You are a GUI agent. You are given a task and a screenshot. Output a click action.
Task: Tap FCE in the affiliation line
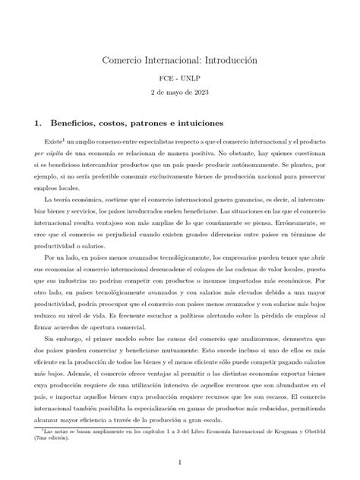tap(164, 78)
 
